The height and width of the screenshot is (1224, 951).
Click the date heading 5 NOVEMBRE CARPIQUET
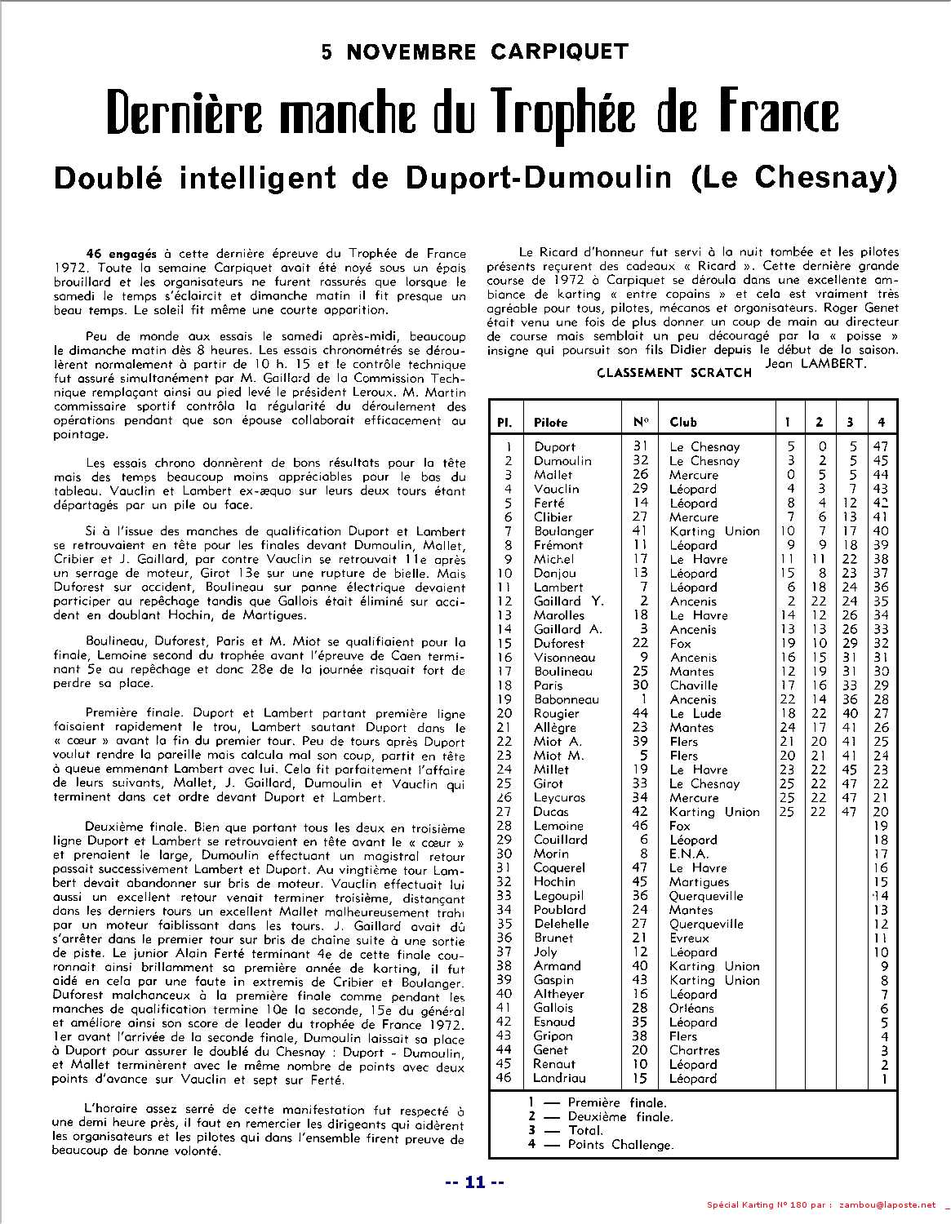click(475, 52)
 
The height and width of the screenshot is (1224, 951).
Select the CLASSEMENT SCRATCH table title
click(673, 373)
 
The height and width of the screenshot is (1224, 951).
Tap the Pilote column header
click(550, 423)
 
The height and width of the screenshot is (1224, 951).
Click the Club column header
click(682, 423)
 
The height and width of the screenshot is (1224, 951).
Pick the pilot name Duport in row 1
click(554, 447)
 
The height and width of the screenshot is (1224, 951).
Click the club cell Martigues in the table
click(699, 882)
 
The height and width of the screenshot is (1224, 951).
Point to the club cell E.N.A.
click(689, 854)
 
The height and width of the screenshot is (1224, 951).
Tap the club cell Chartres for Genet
click(694, 1050)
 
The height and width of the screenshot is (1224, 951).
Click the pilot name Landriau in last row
click(559, 1079)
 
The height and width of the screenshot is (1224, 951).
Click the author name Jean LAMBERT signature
click(815, 364)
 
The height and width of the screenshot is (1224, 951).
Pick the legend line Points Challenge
click(620, 1145)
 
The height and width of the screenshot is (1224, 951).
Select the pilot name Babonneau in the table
click(566, 699)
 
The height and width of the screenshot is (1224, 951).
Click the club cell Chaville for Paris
click(693, 685)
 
